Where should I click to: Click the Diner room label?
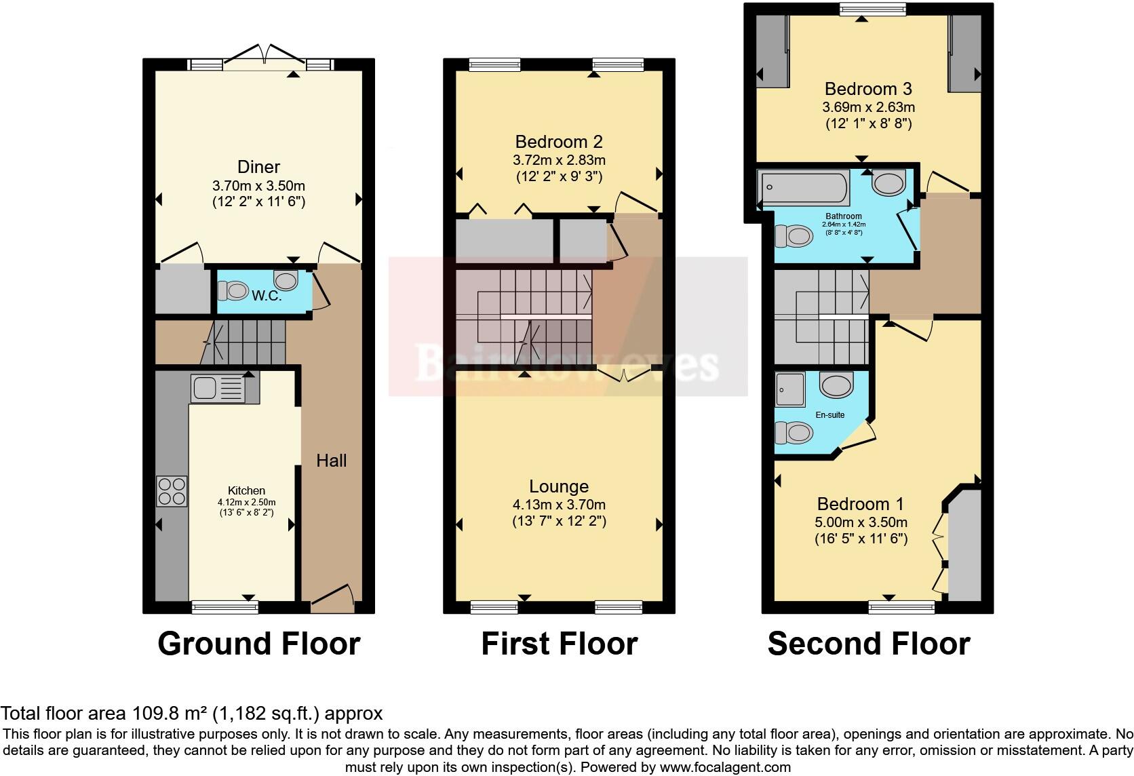pos(258,167)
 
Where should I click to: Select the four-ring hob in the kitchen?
pos(172,492)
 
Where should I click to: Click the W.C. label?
pos(267,296)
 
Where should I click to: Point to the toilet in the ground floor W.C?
pos(234,292)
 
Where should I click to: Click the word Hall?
pos(331,461)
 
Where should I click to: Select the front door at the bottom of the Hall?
pos(332,597)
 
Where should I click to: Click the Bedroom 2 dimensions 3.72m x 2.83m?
pos(559,161)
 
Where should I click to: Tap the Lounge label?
pos(559,486)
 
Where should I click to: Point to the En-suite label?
pos(830,414)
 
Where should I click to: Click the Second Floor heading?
pos(868,643)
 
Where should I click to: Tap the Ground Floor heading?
pos(258,643)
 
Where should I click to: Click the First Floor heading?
pos(559,643)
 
